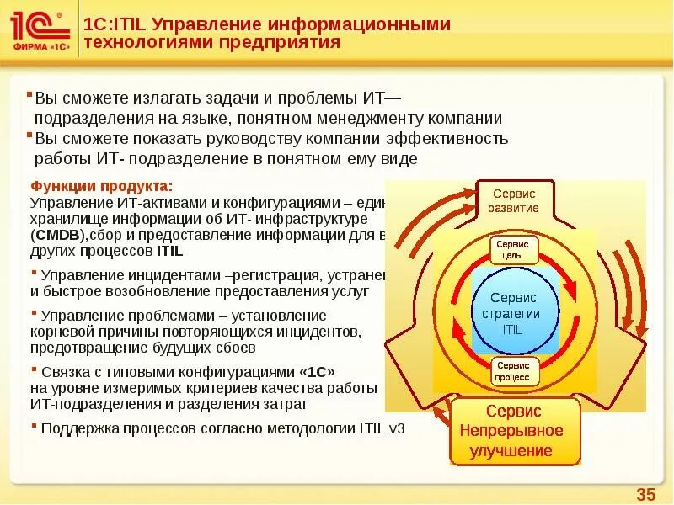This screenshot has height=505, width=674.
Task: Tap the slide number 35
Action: tap(645, 494)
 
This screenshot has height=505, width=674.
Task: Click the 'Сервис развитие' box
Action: tap(514, 200)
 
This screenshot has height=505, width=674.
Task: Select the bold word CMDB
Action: tap(58, 235)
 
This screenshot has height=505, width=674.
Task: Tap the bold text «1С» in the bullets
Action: tap(317, 371)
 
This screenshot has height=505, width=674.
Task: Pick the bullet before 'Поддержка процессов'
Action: tap(33, 426)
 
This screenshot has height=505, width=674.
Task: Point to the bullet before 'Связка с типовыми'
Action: tap(33, 369)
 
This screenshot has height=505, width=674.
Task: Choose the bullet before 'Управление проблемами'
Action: tap(33, 313)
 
